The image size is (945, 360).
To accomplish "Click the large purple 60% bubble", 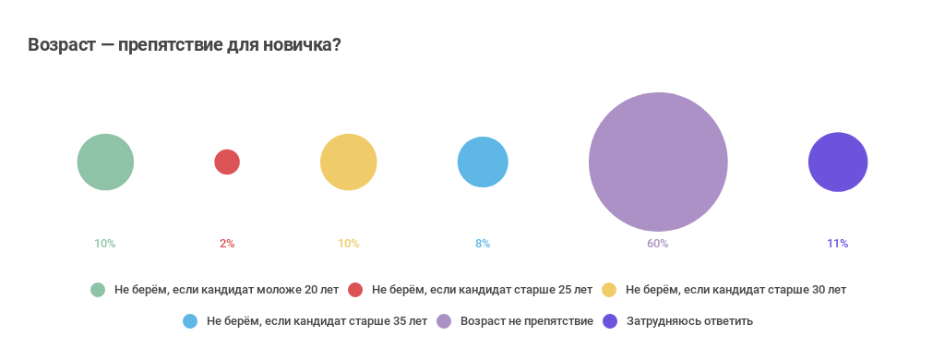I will [x=658, y=162].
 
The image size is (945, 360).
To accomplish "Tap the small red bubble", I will [x=227, y=162].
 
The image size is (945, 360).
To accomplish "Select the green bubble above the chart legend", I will [x=105, y=162].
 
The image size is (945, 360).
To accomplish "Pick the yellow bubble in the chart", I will [x=349, y=162].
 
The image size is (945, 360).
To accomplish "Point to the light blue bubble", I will [x=483, y=162].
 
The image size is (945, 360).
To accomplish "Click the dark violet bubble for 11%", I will [x=838, y=162].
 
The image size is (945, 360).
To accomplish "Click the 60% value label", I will [x=657, y=244].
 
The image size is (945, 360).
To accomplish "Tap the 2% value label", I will [x=227, y=244].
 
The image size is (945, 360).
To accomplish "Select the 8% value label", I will [x=483, y=244].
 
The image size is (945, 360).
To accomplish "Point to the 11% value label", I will [x=837, y=244].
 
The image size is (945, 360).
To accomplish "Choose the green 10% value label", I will [x=104, y=244].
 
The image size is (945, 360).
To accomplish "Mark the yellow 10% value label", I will [x=348, y=244].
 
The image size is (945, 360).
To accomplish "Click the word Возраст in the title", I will [x=62, y=45].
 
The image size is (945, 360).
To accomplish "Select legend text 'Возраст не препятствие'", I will [x=526, y=321].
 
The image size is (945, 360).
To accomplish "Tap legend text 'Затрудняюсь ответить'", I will [x=690, y=321].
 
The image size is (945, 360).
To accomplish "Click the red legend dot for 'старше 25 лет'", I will [x=355, y=290].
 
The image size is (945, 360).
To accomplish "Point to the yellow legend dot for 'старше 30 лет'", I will [x=609, y=290].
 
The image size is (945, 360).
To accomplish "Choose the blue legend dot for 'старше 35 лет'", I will [x=190, y=321].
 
